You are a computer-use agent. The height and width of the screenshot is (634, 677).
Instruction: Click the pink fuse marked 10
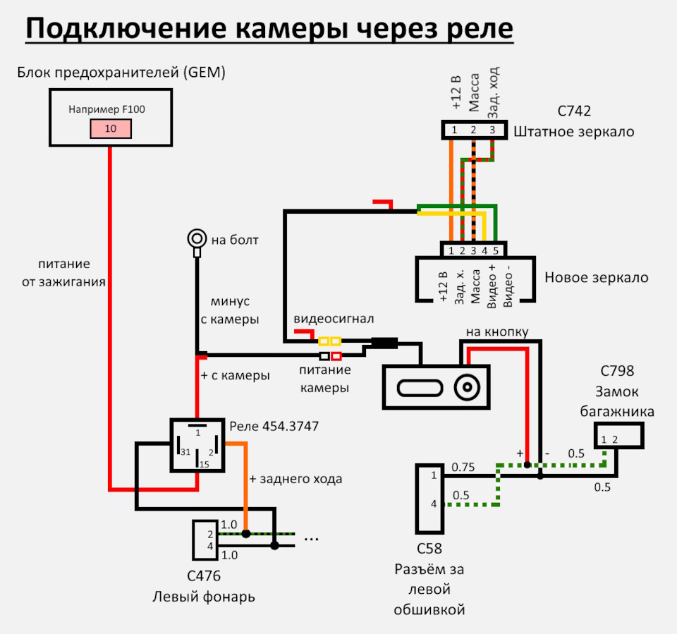[111, 128]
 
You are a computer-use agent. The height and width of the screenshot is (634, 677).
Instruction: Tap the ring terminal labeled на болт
[197, 238]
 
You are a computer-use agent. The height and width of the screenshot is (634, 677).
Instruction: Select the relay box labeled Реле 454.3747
[197, 445]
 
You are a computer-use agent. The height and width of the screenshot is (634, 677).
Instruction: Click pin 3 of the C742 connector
[492, 130]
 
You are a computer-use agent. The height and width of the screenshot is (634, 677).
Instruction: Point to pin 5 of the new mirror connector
[496, 250]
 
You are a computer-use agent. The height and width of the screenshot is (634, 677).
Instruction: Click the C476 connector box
[205, 540]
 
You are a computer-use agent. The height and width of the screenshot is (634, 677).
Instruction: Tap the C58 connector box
[429, 499]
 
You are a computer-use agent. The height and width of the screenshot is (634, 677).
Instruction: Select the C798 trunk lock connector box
[618, 435]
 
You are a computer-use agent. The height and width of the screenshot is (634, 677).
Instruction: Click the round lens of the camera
[467, 387]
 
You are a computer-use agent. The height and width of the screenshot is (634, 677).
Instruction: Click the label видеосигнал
[334, 319]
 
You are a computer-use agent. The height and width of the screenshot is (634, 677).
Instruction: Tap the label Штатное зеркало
[574, 132]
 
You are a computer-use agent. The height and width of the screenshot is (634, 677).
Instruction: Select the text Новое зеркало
[597, 277]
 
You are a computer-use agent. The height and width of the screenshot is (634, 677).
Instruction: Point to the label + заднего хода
[295, 479]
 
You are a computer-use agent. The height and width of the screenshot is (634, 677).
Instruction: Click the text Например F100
[106, 109]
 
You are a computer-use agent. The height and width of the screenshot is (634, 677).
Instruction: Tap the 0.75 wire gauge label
[463, 467]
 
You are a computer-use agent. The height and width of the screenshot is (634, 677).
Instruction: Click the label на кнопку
[497, 331]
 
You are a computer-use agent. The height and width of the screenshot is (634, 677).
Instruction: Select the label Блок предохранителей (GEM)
[121, 72]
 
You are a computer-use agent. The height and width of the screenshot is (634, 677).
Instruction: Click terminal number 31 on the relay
[185, 452]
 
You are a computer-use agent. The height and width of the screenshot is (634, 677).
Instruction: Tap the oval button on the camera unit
[420, 388]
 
